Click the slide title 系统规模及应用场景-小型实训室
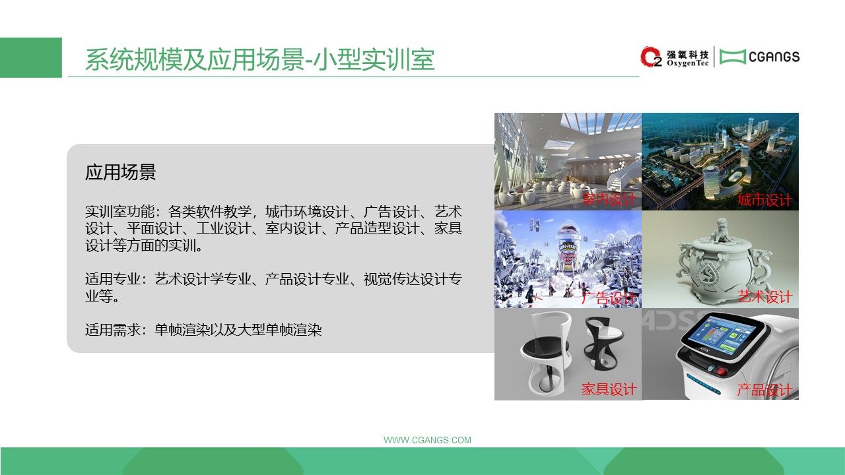point(260,59)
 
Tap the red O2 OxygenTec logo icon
point(651,57)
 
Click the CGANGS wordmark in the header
point(774,57)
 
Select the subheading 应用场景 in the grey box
point(120,172)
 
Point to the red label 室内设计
point(609,199)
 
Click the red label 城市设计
point(764,200)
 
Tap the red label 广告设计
point(609,298)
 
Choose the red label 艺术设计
point(764,297)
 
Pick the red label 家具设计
point(609,389)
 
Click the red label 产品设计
point(764,390)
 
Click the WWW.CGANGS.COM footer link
point(427,440)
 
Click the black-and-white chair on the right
point(603,342)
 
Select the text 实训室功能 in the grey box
point(119,212)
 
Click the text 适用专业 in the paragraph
point(112,279)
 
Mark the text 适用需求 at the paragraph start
point(112,330)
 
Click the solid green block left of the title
point(31,57)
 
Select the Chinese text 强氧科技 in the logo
point(687,55)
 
